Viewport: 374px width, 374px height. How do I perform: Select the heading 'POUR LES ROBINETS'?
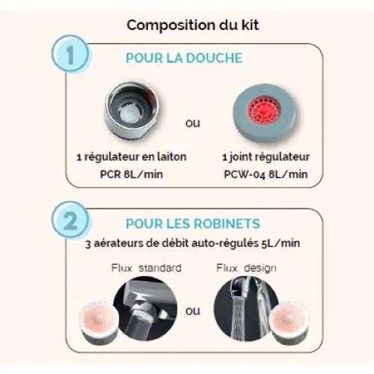[193, 224]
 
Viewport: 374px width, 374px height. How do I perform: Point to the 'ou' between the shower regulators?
[193, 122]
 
